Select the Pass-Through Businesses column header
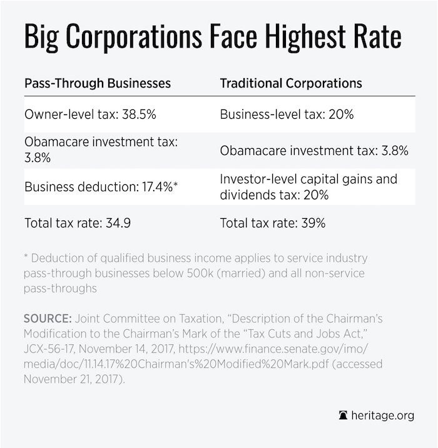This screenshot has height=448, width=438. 98,83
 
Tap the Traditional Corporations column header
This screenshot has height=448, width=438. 291,83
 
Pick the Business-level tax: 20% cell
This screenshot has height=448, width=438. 287,115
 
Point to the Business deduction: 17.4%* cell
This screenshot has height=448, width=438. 102,186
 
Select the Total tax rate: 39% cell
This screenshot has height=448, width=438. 273,223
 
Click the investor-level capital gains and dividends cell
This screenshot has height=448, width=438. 308,186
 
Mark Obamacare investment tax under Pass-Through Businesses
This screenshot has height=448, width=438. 101,151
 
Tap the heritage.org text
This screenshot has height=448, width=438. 383,416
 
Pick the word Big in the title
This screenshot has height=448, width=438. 39,37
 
